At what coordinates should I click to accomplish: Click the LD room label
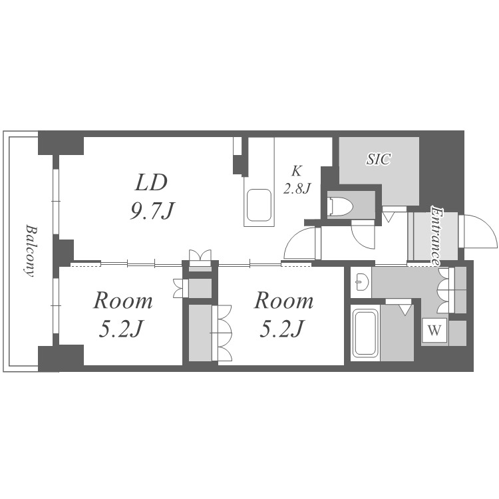tap(151, 182)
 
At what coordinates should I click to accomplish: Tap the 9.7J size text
tap(152, 211)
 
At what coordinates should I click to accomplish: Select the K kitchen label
tap(296, 171)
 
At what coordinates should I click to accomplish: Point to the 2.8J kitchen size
tap(297, 189)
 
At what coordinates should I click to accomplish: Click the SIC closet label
tap(379, 158)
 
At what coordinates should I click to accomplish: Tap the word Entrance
tap(436, 236)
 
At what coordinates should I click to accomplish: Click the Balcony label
tap(31, 251)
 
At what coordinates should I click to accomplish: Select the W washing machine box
tap(434, 330)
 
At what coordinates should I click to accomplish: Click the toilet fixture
tap(341, 206)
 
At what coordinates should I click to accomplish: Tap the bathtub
tap(365, 333)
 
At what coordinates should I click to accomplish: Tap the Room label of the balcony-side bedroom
tap(123, 301)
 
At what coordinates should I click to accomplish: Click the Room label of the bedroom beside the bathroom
tap(283, 301)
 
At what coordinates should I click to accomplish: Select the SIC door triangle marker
tap(389, 218)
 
